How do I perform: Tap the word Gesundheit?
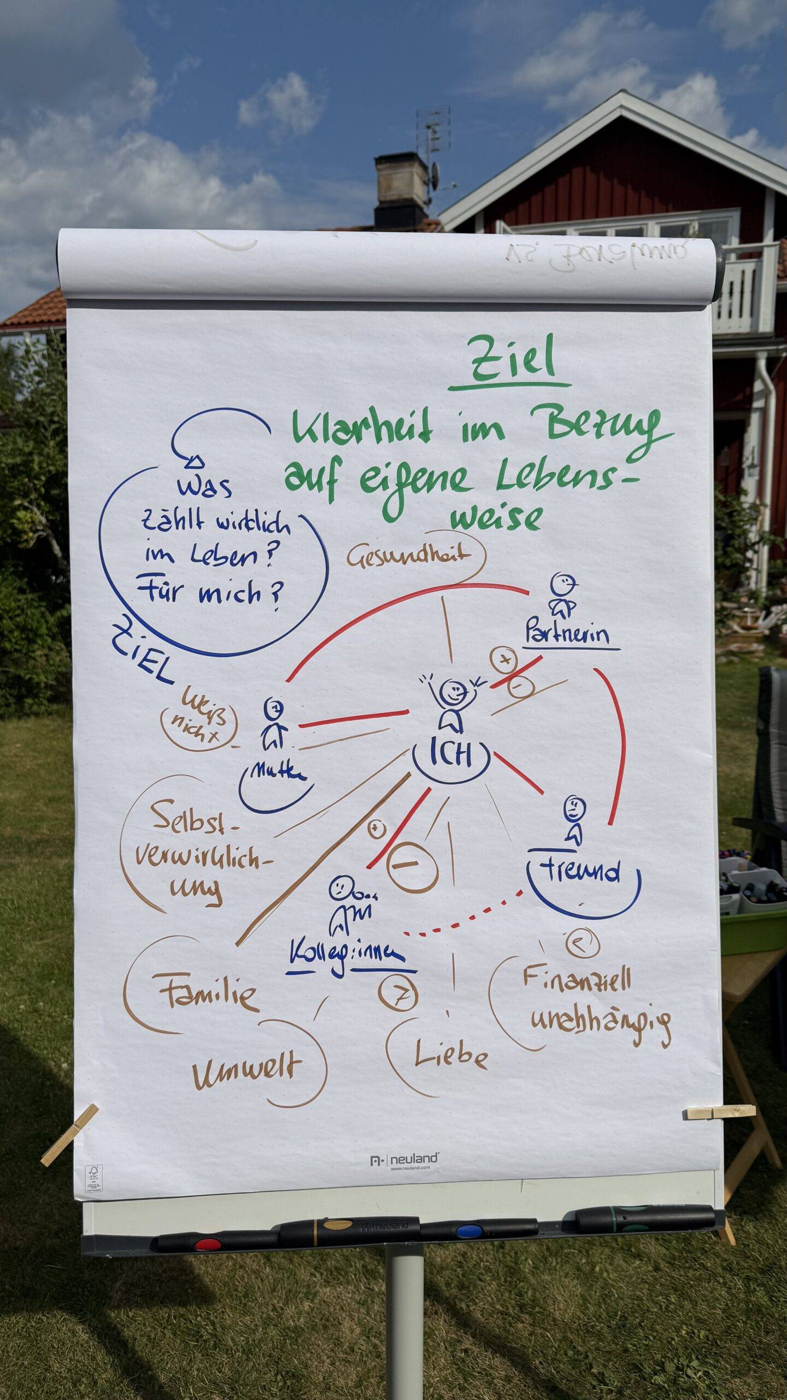(x=408, y=556)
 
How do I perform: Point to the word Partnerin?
(x=567, y=635)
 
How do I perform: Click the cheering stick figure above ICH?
(x=451, y=701)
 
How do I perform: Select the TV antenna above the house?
(x=433, y=134)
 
